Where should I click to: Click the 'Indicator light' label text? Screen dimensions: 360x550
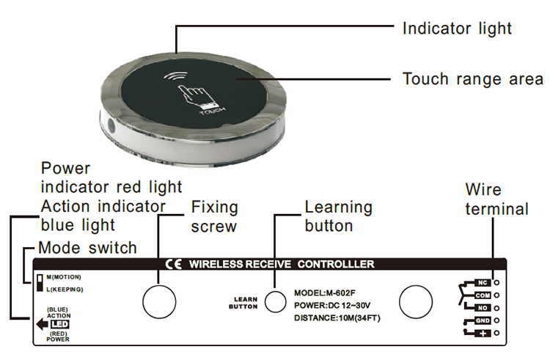tap(457, 29)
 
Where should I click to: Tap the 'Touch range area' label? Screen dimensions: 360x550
tap(473, 78)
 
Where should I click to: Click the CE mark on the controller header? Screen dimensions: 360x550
tap(174, 264)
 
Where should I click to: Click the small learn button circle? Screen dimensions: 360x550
tap(275, 301)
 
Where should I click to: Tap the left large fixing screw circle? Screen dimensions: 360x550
tap(158, 301)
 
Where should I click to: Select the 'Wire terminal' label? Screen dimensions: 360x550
tap(496, 200)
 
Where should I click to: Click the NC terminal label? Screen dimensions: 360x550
tap(482, 282)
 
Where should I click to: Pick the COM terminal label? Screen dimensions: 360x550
tap(482, 295)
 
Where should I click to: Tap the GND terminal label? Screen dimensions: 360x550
tap(482, 321)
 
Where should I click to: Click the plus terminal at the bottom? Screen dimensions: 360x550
tap(482, 334)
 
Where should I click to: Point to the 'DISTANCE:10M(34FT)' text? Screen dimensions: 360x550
tap(337, 317)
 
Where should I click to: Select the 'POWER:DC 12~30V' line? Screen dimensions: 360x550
tap(332, 305)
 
